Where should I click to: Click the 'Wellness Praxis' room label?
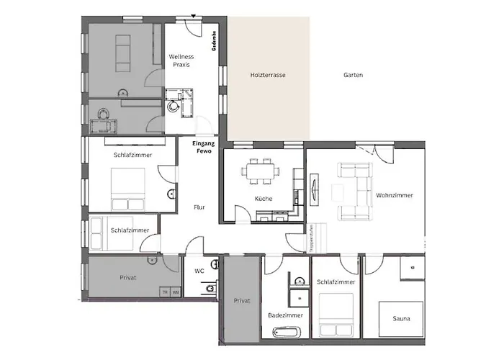[x=181, y=60]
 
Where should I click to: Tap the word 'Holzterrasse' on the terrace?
[x=268, y=75]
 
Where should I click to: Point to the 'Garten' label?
[x=353, y=75]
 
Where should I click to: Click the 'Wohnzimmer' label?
[x=395, y=195]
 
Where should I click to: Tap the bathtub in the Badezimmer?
[x=287, y=332]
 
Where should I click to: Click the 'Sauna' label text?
[x=402, y=317]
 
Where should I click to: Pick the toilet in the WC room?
[x=209, y=288]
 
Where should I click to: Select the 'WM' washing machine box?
[x=176, y=292]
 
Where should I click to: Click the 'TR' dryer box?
[x=165, y=292]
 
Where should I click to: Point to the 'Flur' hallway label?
[x=199, y=207]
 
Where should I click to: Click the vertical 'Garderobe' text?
[x=214, y=41]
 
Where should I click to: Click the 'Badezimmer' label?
[x=285, y=315]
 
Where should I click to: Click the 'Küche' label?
[x=263, y=198]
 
